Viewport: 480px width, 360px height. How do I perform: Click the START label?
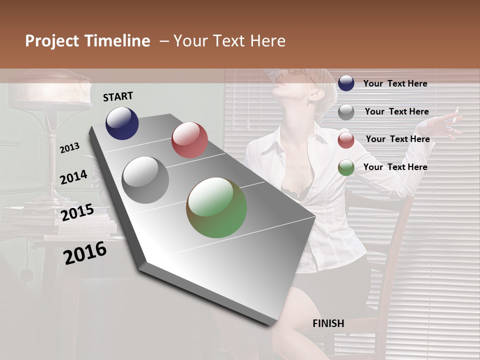[x=118, y=96]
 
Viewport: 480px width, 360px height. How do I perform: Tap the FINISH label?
[x=328, y=323]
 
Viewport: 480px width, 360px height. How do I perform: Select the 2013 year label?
[x=70, y=147]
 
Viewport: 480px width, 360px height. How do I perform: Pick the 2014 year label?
[x=74, y=177]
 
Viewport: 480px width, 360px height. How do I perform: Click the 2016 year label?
[x=85, y=253]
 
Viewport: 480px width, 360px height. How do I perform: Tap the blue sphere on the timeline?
[x=122, y=123]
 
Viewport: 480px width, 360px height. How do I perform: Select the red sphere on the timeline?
[x=189, y=140]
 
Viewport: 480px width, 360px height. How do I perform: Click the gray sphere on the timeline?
[x=145, y=180]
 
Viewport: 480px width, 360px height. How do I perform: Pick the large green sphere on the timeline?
[x=216, y=207]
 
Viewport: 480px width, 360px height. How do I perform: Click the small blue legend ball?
[x=346, y=83]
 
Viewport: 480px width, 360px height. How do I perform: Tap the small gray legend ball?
[x=346, y=112]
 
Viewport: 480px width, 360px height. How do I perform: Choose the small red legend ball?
[x=346, y=140]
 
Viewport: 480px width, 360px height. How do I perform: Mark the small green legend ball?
[x=346, y=167]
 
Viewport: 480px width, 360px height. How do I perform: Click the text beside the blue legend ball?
[x=395, y=83]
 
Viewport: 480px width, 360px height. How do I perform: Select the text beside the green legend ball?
[x=395, y=167]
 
